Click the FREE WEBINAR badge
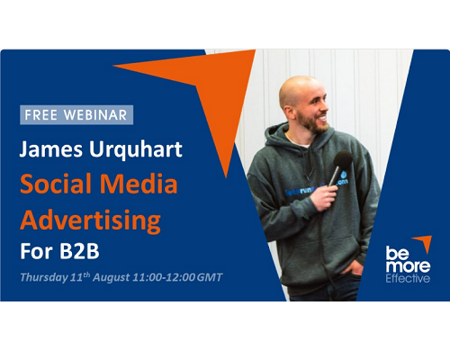[76, 115]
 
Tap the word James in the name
[50, 149]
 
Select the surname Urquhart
[136, 150]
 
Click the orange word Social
[56, 184]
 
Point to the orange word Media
[139, 184]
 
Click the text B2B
[79, 251]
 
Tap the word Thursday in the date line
[44, 277]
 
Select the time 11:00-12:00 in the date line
[164, 277]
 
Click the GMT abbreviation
[210, 277]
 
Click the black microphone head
[343, 160]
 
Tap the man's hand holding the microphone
[324, 197]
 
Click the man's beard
[312, 122]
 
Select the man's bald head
[296, 87]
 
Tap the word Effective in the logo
[408, 278]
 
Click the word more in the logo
[408, 266]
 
